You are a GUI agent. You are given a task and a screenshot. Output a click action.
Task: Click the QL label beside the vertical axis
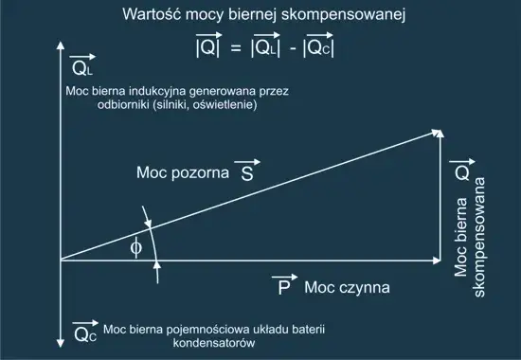click(x=82, y=67)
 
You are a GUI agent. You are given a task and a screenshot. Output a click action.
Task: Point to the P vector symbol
click(x=282, y=285)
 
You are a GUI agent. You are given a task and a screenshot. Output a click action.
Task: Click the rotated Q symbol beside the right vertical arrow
click(x=459, y=171)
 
